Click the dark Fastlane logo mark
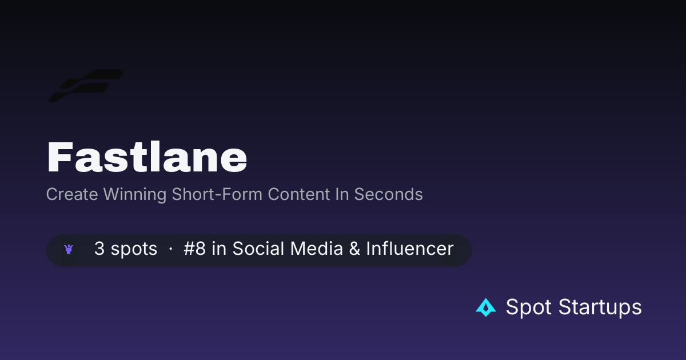86,86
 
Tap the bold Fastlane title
147,157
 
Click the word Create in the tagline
72,194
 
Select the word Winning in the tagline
135,195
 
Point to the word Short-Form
217,194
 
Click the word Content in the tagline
298,194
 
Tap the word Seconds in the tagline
388,194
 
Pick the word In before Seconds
342,194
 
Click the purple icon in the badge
69,249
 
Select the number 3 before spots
99,248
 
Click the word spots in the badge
134,249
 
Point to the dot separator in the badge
170,249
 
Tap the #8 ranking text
194,248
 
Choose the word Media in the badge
316,248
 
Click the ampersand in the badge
354,248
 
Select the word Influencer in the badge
410,248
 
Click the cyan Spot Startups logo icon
486,307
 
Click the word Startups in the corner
600,307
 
